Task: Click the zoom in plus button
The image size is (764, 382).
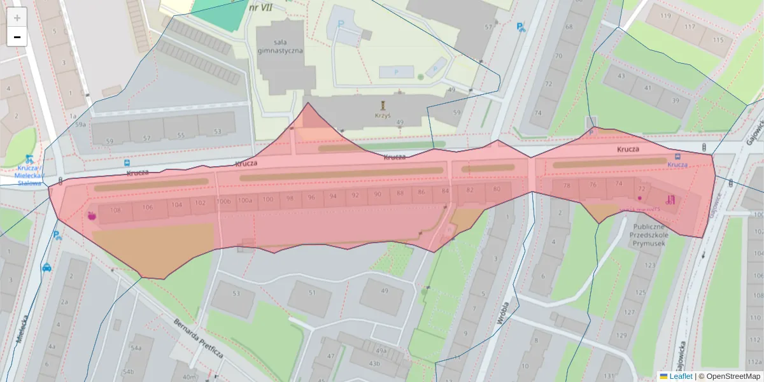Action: coord(17,18)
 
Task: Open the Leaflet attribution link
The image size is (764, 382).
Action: coord(680,376)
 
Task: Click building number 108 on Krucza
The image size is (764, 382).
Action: coord(115,210)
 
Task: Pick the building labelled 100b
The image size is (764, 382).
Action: coord(223,202)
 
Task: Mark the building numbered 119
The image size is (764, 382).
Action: coord(667,16)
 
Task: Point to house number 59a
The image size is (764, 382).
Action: coord(80,125)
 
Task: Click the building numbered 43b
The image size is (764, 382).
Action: coord(374,364)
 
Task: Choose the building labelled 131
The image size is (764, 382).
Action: coord(612,376)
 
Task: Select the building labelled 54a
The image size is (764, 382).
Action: coord(136,348)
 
